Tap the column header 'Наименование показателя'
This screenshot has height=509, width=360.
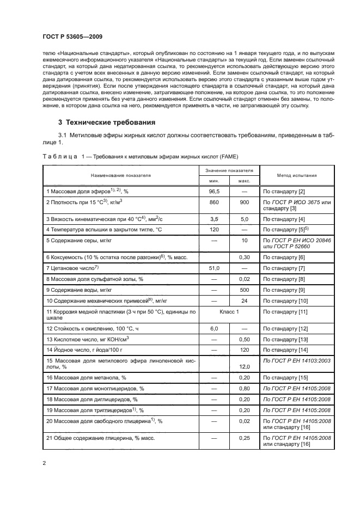tap(121, 176)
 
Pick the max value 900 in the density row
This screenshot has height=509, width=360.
tap(245, 202)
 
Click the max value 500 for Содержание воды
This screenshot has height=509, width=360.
tap(245, 290)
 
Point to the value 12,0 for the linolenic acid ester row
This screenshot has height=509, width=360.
tap(245, 367)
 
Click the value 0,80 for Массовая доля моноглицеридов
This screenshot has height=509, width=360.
tap(245, 388)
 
